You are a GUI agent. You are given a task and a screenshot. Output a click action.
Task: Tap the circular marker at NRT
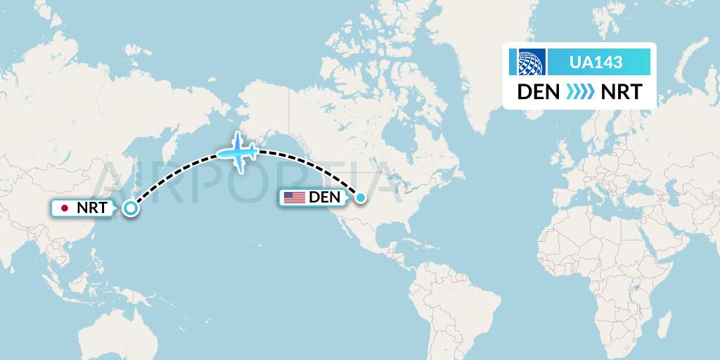coord(130,207)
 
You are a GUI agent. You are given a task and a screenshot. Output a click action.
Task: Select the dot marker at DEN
coord(361,198)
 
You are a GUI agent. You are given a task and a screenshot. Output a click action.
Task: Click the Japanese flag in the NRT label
coord(65,208)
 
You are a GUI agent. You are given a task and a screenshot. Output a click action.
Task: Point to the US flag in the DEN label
coord(294,198)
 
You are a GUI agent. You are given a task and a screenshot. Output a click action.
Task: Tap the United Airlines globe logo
coord(532,63)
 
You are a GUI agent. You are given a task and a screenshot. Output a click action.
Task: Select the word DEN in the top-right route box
coord(539,92)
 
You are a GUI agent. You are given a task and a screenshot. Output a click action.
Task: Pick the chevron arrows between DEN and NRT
coord(578,92)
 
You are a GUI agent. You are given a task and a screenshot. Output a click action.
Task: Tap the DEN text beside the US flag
coord(324,198)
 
